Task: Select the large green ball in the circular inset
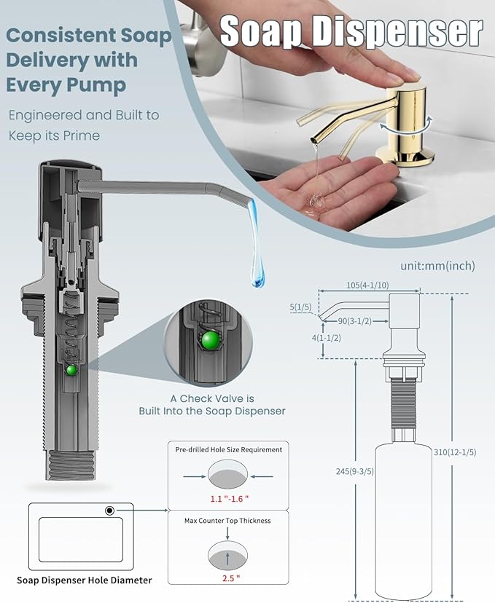[212, 341]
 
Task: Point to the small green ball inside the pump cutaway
[71, 370]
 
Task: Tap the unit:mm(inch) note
[437, 266]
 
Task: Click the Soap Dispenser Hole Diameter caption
[85, 580]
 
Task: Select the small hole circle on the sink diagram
[109, 511]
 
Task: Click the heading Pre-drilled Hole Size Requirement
[228, 449]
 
